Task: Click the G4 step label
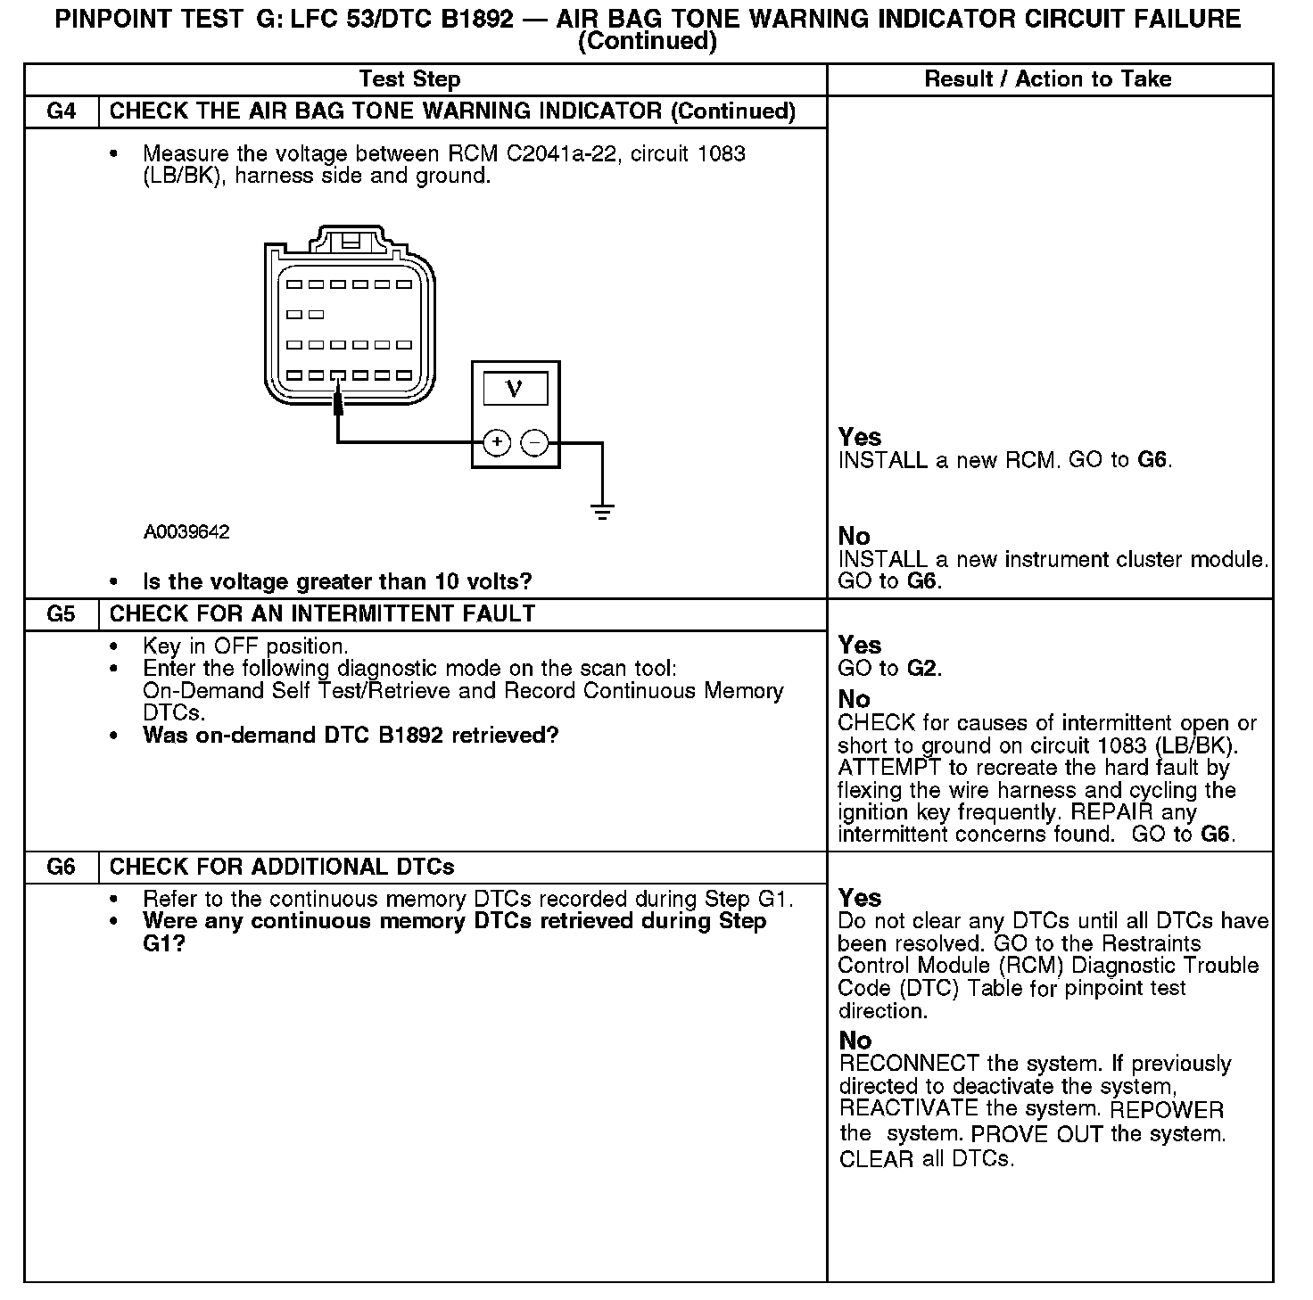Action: tap(61, 111)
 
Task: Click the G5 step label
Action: tap(61, 614)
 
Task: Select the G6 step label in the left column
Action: tap(61, 868)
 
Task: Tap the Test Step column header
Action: tap(409, 79)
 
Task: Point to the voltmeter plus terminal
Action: tap(496, 442)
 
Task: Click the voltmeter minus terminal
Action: tap(533, 442)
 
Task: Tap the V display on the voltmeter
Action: tap(515, 388)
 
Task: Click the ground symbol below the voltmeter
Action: tap(602, 511)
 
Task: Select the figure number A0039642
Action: tap(186, 532)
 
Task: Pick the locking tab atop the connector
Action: tap(351, 241)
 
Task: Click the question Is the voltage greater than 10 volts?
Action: tap(337, 582)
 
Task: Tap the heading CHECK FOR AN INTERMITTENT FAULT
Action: tap(322, 614)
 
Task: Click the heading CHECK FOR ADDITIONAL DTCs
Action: tap(282, 868)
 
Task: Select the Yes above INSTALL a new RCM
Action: tap(860, 438)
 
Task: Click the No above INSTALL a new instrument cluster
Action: tap(854, 537)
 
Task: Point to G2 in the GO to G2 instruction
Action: tap(923, 669)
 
